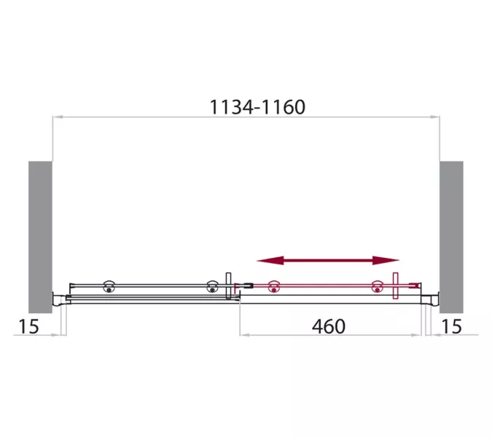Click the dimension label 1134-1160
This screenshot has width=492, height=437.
(x=257, y=107)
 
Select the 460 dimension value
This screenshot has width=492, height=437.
(x=329, y=326)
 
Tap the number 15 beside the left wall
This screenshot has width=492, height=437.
(x=29, y=326)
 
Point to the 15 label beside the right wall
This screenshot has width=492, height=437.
(x=451, y=326)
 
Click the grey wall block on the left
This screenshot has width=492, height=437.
(x=40, y=237)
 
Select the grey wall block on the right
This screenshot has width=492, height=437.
(x=451, y=237)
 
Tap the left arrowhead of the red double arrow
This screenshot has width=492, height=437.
(x=270, y=260)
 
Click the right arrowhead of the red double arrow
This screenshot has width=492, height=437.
(x=386, y=260)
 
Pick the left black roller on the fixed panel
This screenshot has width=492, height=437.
(x=109, y=286)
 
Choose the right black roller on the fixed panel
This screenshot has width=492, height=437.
(x=212, y=286)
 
